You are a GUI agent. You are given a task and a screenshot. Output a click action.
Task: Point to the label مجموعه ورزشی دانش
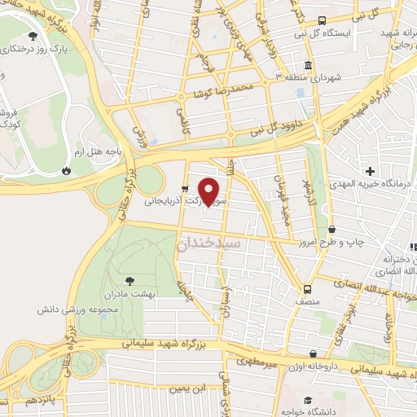click(x=72, y=310)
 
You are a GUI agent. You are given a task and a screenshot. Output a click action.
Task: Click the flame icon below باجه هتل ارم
click(x=65, y=171)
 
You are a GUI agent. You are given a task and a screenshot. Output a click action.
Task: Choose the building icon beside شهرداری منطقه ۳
click(x=308, y=66)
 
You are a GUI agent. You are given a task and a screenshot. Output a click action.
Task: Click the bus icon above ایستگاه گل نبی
click(x=322, y=20)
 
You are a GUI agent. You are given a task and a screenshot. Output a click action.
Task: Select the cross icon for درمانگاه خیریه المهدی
click(x=371, y=171)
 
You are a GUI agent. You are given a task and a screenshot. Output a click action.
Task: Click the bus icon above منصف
click(x=307, y=289)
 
